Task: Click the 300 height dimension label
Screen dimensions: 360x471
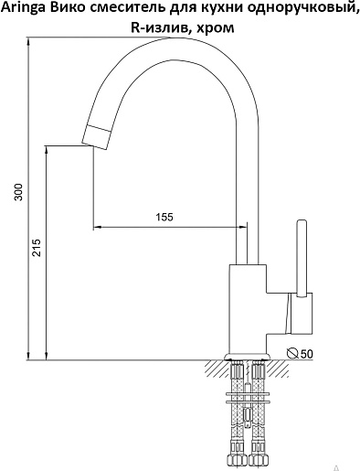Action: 19,192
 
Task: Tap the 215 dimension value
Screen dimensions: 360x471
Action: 37,248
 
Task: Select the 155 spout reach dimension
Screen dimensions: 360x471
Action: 164,217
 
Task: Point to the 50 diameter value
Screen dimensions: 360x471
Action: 307,354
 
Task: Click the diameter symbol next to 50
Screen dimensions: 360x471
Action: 292,353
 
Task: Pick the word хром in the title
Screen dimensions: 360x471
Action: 216,28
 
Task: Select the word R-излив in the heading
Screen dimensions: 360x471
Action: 161,27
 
